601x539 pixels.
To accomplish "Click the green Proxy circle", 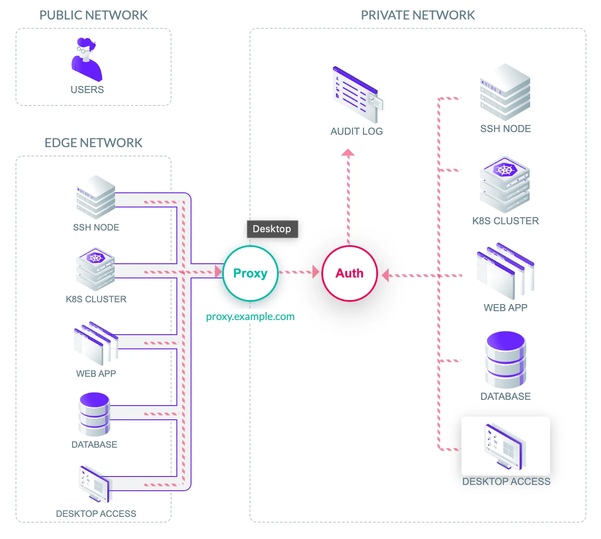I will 250,273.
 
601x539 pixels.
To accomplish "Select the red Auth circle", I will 349,273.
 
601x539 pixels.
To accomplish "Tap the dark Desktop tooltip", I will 272,229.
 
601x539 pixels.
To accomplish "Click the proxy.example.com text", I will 250,316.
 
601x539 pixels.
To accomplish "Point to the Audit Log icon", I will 357,95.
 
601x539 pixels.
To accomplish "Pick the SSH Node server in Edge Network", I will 96,197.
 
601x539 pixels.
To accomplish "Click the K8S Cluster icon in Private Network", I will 505,184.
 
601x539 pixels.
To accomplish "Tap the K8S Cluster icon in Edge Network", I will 95,269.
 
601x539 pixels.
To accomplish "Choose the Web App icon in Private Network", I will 505,271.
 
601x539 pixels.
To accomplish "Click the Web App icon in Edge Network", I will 96,344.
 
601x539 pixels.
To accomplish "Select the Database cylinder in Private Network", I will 506,359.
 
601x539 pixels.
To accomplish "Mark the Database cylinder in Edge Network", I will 94,414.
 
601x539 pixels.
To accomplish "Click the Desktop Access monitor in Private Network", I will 505,446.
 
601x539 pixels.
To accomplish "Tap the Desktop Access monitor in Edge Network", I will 95,484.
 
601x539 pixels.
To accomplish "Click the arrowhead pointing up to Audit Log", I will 348,152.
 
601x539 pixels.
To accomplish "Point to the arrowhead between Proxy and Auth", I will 316,272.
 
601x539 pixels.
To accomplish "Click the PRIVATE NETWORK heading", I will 418,16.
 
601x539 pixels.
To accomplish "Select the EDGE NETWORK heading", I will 94,143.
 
